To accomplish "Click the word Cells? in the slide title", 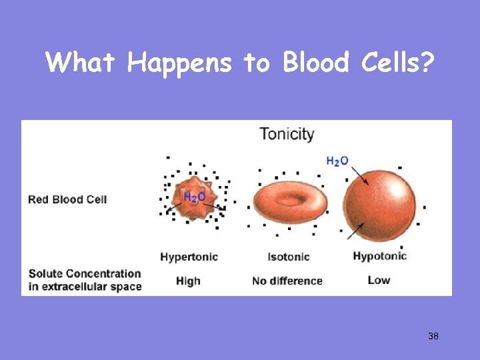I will tap(397, 63).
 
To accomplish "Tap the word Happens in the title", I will tap(179, 64).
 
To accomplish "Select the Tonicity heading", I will tap(287, 133).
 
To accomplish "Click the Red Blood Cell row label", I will tap(67, 199).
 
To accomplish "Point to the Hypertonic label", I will tap(189, 257).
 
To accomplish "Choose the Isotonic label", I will tap(289, 257).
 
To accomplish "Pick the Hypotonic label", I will tap(379, 257).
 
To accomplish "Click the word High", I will tap(188, 281).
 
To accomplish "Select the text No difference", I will tap(287, 281).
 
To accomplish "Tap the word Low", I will tap(379, 280).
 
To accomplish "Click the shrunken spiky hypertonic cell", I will tap(193, 198).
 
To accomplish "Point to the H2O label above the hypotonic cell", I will tap(337, 161).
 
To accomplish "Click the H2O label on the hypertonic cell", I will tap(194, 197).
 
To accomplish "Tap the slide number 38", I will tap(433, 336).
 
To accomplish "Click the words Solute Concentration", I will tap(85, 274).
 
